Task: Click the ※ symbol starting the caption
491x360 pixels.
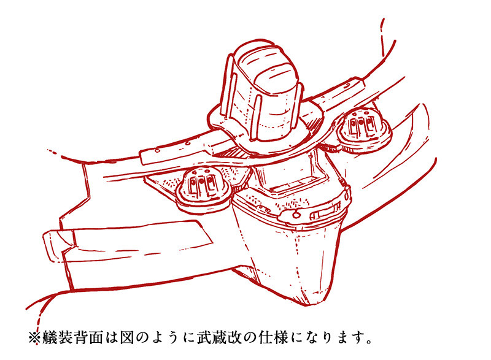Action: [34, 337]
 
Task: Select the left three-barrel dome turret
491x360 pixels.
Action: [204, 190]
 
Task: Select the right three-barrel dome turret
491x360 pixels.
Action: [363, 130]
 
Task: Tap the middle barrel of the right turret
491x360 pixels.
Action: [361, 124]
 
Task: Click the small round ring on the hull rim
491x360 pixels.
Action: [295, 215]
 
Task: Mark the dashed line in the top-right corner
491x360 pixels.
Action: [382, 37]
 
